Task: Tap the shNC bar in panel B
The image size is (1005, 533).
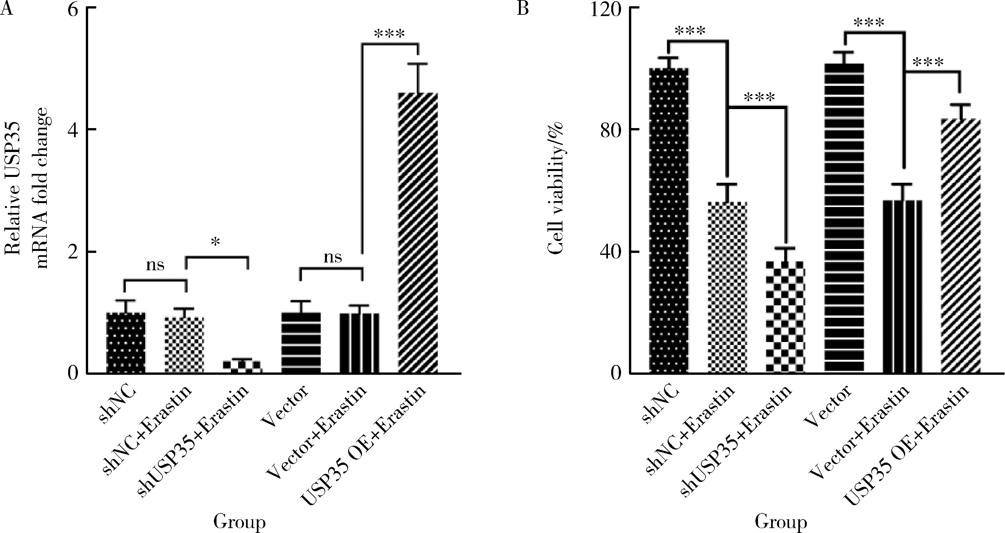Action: pyautogui.click(x=669, y=220)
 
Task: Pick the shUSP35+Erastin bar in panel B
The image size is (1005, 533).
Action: pyautogui.click(x=785, y=317)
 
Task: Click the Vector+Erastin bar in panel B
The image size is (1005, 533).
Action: pyautogui.click(x=902, y=287)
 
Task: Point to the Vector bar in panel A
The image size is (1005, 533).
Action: pyautogui.click(x=301, y=343)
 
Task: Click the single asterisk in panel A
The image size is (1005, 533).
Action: pyautogui.click(x=215, y=243)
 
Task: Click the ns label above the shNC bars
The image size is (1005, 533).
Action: pyautogui.click(x=155, y=266)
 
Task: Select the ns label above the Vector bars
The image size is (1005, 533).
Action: pyautogui.click(x=332, y=257)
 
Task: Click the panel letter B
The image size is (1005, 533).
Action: pyautogui.click(x=522, y=8)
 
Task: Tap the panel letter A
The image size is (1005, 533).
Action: pyautogui.click(x=7, y=8)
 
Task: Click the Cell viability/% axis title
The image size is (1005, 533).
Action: pyautogui.click(x=556, y=187)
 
